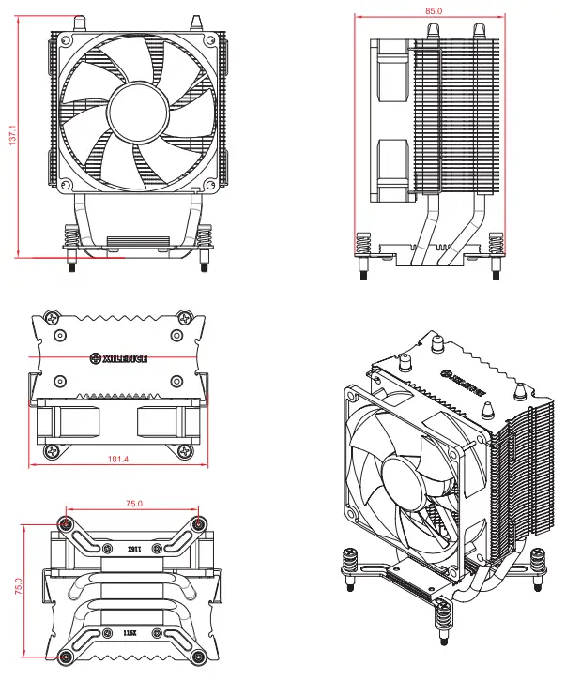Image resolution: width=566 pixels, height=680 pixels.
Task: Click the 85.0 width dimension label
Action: [x=433, y=10]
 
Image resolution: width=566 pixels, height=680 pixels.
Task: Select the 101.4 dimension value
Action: [x=118, y=460]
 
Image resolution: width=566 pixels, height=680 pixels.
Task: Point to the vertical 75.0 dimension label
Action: [x=12, y=586]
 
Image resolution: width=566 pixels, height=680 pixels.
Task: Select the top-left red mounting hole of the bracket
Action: [x=65, y=523]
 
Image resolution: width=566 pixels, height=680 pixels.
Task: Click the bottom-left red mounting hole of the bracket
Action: [x=65, y=657]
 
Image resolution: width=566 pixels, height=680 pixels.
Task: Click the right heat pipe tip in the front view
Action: [x=196, y=22]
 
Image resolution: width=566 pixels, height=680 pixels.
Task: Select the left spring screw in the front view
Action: [x=71, y=246]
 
